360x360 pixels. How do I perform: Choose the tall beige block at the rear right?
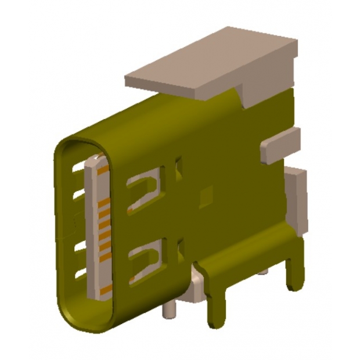point(296,197)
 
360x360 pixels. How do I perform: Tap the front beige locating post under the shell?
point(168,311)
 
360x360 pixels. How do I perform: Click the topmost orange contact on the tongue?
point(102,172)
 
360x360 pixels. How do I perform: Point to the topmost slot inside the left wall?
point(77,170)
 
